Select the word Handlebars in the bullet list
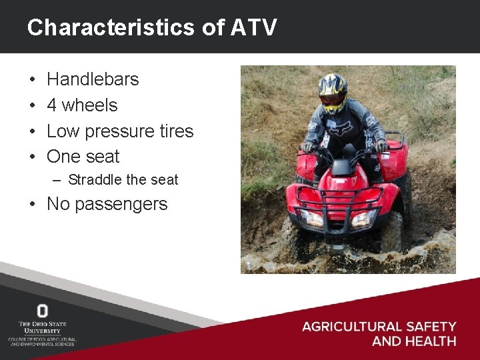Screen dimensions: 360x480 click(x=93, y=79)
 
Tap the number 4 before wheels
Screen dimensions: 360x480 click(x=51, y=105)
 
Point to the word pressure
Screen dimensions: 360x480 click(x=124, y=131)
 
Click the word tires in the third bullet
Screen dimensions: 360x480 click(x=176, y=131)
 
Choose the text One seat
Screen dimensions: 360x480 click(x=83, y=157)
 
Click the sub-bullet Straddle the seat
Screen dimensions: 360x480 click(x=123, y=180)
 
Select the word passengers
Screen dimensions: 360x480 click(x=121, y=204)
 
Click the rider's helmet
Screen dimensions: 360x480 click(x=333, y=89)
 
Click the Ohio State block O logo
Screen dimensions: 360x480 click(x=42, y=311)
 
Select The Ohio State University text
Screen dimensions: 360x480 click(x=42, y=327)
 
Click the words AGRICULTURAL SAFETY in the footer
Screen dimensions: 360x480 click(x=379, y=327)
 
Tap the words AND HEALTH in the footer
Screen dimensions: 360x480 click(x=413, y=341)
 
